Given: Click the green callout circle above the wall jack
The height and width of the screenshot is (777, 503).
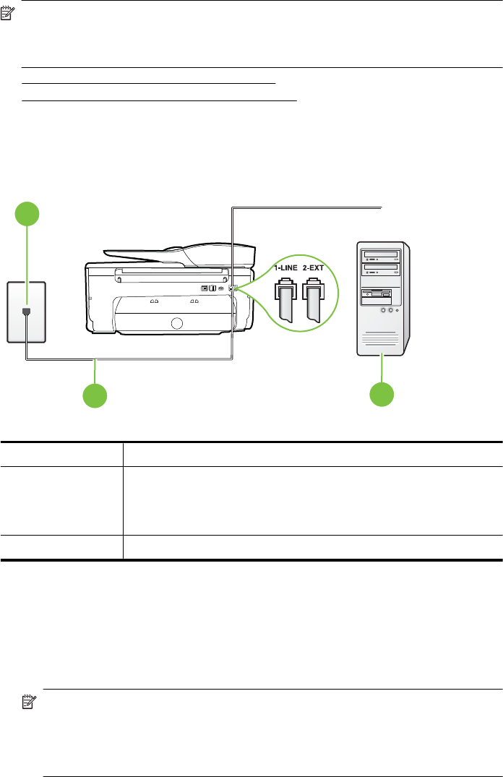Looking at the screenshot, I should click(x=28, y=215).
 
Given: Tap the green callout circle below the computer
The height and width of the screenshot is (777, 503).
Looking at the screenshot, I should click(x=383, y=395).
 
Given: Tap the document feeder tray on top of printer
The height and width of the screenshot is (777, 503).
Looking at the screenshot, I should click(x=181, y=253).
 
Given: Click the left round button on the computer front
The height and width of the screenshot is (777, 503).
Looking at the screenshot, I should click(x=383, y=310).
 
